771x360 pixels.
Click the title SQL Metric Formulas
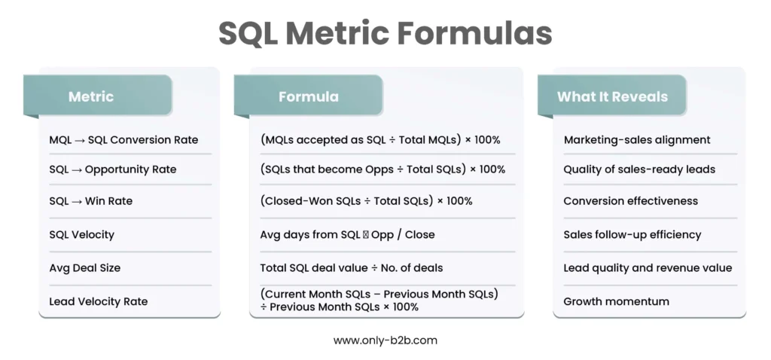pos(385,33)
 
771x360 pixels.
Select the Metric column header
pos(91,96)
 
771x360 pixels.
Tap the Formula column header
pos(308,96)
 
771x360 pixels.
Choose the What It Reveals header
pos(612,96)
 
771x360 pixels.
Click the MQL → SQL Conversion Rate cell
pos(123,139)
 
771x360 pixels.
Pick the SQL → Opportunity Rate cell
pos(113,169)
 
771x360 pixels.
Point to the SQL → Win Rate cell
pos(90,200)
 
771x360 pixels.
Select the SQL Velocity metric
pos(81,234)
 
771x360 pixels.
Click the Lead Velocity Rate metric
pos(99,301)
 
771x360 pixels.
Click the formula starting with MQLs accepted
pos(380,139)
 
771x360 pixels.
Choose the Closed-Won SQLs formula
pos(367,200)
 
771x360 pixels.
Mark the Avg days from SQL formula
pos(347,234)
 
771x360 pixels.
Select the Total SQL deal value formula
pos(352,268)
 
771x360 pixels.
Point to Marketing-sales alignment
pos(637,139)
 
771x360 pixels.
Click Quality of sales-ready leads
pos(639,169)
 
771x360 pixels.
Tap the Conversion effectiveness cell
pos(630,200)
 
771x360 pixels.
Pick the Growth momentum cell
pos(616,301)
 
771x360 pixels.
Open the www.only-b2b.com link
pos(385,340)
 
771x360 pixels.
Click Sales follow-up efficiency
pos(632,234)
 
